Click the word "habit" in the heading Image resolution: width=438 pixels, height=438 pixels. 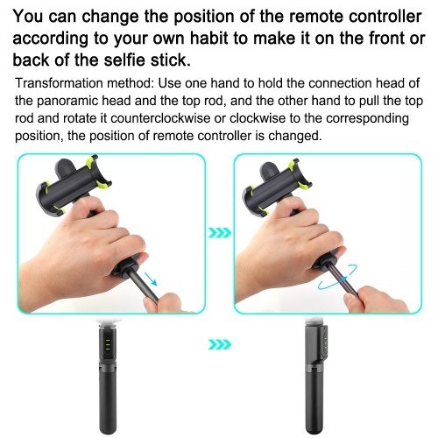pos(208,39)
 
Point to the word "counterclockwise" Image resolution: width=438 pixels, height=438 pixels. pos(160,118)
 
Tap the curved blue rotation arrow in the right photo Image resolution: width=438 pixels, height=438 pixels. pos(337,277)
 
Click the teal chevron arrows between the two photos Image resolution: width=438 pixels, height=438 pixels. pos(220,233)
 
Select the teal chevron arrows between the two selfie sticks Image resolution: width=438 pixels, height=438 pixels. pos(220,344)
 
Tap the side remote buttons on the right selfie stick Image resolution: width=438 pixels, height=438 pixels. pos(325,340)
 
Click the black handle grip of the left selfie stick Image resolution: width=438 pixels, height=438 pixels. pos(109,401)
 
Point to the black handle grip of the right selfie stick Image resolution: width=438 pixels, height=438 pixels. pos(314,401)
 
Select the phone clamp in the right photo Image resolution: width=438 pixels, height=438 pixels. pos(278,186)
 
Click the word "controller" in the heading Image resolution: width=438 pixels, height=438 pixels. pos(385,17)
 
